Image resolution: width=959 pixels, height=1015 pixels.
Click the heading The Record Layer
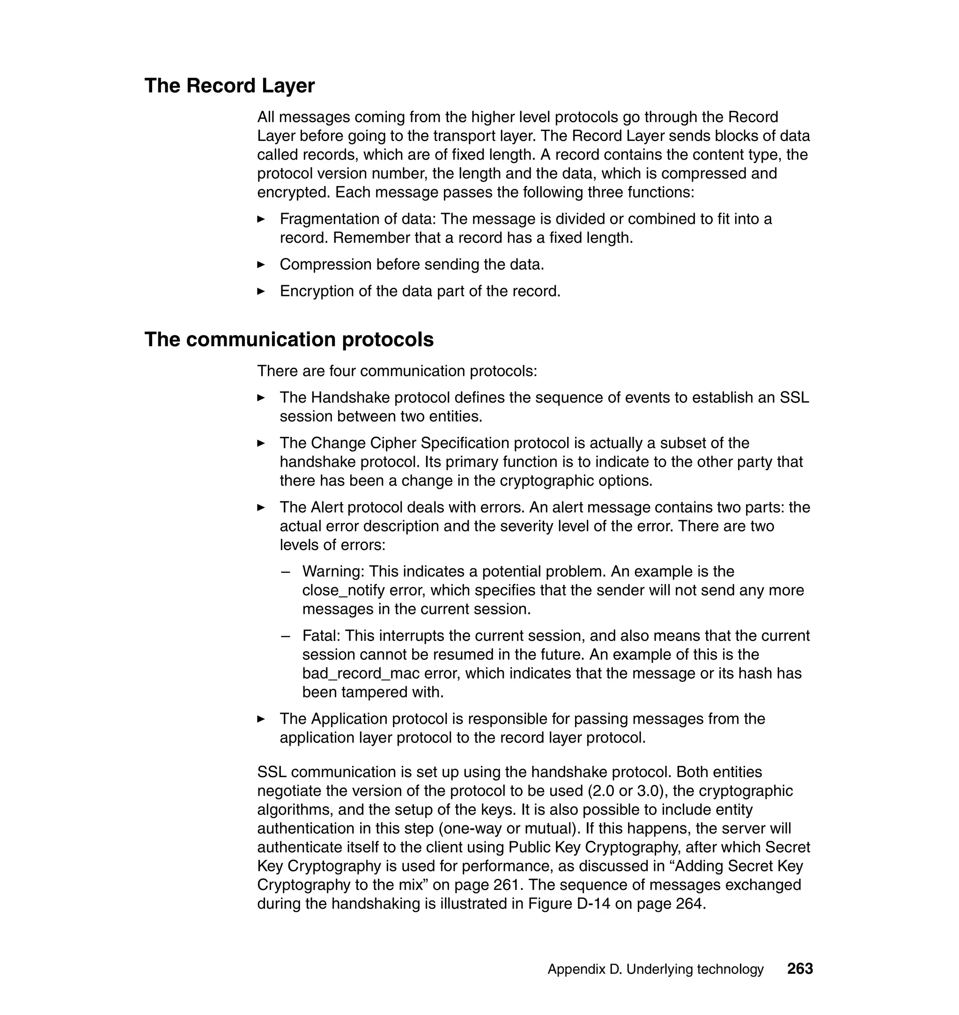[229, 86]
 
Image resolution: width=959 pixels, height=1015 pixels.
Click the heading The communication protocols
[289, 340]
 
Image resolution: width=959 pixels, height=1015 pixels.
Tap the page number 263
[800, 969]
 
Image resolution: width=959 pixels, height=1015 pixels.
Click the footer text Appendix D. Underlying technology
[656, 970]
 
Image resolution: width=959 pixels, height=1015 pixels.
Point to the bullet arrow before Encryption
[261, 292]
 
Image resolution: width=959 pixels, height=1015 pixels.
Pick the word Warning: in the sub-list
[333, 571]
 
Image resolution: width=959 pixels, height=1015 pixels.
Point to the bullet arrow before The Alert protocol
[261, 507]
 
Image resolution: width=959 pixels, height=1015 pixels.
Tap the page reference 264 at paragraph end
[688, 904]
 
